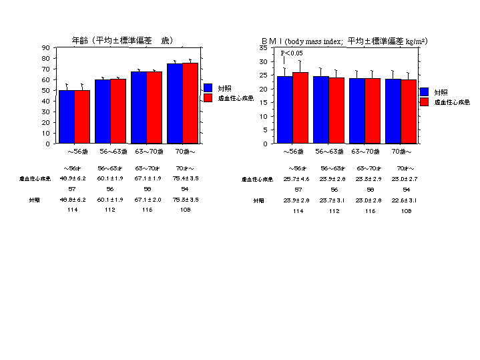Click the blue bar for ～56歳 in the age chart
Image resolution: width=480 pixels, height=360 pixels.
click(x=67, y=116)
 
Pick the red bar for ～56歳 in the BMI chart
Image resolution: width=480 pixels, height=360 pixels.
click(x=300, y=108)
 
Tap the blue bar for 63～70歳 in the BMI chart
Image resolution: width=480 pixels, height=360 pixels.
click(x=357, y=110)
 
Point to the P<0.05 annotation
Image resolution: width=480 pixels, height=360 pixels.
click(x=292, y=53)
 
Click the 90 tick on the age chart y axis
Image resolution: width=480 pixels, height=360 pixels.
click(x=45, y=47)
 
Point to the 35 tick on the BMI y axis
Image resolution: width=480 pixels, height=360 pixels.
click(x=264, y=48)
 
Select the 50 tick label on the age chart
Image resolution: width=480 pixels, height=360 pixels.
click(x=45, y=90)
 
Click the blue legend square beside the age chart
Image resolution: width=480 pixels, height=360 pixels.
click(x=208, y=87)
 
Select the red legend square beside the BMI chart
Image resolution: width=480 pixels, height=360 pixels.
click(x=425, y=102)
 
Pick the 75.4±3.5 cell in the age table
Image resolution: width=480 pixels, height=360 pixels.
click(x=186, y=178)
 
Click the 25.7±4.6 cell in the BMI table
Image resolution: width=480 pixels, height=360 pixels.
click(x=296, y=179)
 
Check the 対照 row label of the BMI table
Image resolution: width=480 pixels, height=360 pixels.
click(x=258, y=200)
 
